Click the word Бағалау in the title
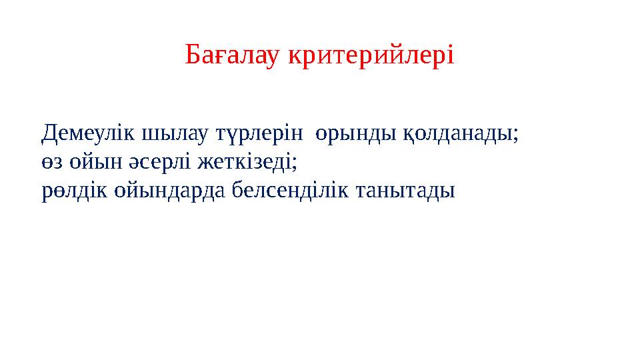pos(233,56)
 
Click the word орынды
pos(356,134)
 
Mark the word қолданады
pos(458,134)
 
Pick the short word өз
pos(51,163)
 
